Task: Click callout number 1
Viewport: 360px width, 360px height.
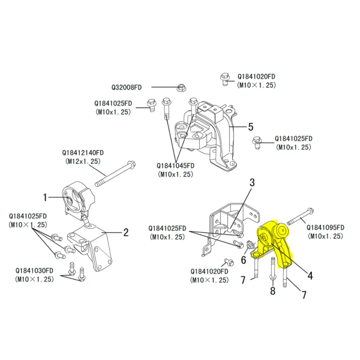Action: (x=45, y=196)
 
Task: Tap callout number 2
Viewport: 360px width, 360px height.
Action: (x=126, y=232)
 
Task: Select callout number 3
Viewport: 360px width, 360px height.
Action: (x=252, y=182)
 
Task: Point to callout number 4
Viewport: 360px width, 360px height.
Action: (x=310, y=276)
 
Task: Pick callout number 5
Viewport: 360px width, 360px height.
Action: (x=251, y=127)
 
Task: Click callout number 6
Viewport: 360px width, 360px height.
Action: (x=243, y=260)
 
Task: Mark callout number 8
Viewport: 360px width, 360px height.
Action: (x=272, y=292)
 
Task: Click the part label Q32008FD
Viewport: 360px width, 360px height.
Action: (x=127, y=87)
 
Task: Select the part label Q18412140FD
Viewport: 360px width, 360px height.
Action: (x=83, y=153)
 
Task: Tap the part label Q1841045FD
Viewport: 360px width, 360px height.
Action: (x=175, y=166)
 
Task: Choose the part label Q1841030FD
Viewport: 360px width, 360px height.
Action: (x=35, y=271)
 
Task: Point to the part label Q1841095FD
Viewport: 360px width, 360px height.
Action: (x=326, y=227)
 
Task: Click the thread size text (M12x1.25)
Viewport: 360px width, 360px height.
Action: (x=83, y=161)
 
